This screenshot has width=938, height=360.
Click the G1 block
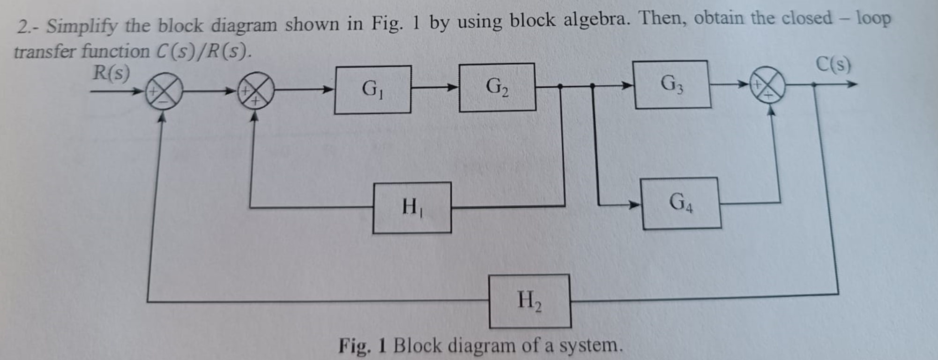click(x=373, y=90)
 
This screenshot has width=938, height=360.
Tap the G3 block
click(x=671, y=85)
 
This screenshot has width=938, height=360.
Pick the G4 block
click(x=681, y=203)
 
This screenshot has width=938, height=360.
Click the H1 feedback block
click(x=412, y=208)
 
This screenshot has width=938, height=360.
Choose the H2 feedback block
click(x=529, y=301)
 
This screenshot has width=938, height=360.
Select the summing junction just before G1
click(x=256, y=90)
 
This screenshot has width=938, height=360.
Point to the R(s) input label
click(x=111, y=73)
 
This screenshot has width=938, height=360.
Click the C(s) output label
click(x=834, y=64)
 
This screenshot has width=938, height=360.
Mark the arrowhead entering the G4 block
click(x=635, y=205)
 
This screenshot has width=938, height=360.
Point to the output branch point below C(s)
click(x=814, y=85)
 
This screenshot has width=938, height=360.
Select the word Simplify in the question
click(x=82, y=26)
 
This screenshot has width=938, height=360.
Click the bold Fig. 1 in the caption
click(x=362, y=346)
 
